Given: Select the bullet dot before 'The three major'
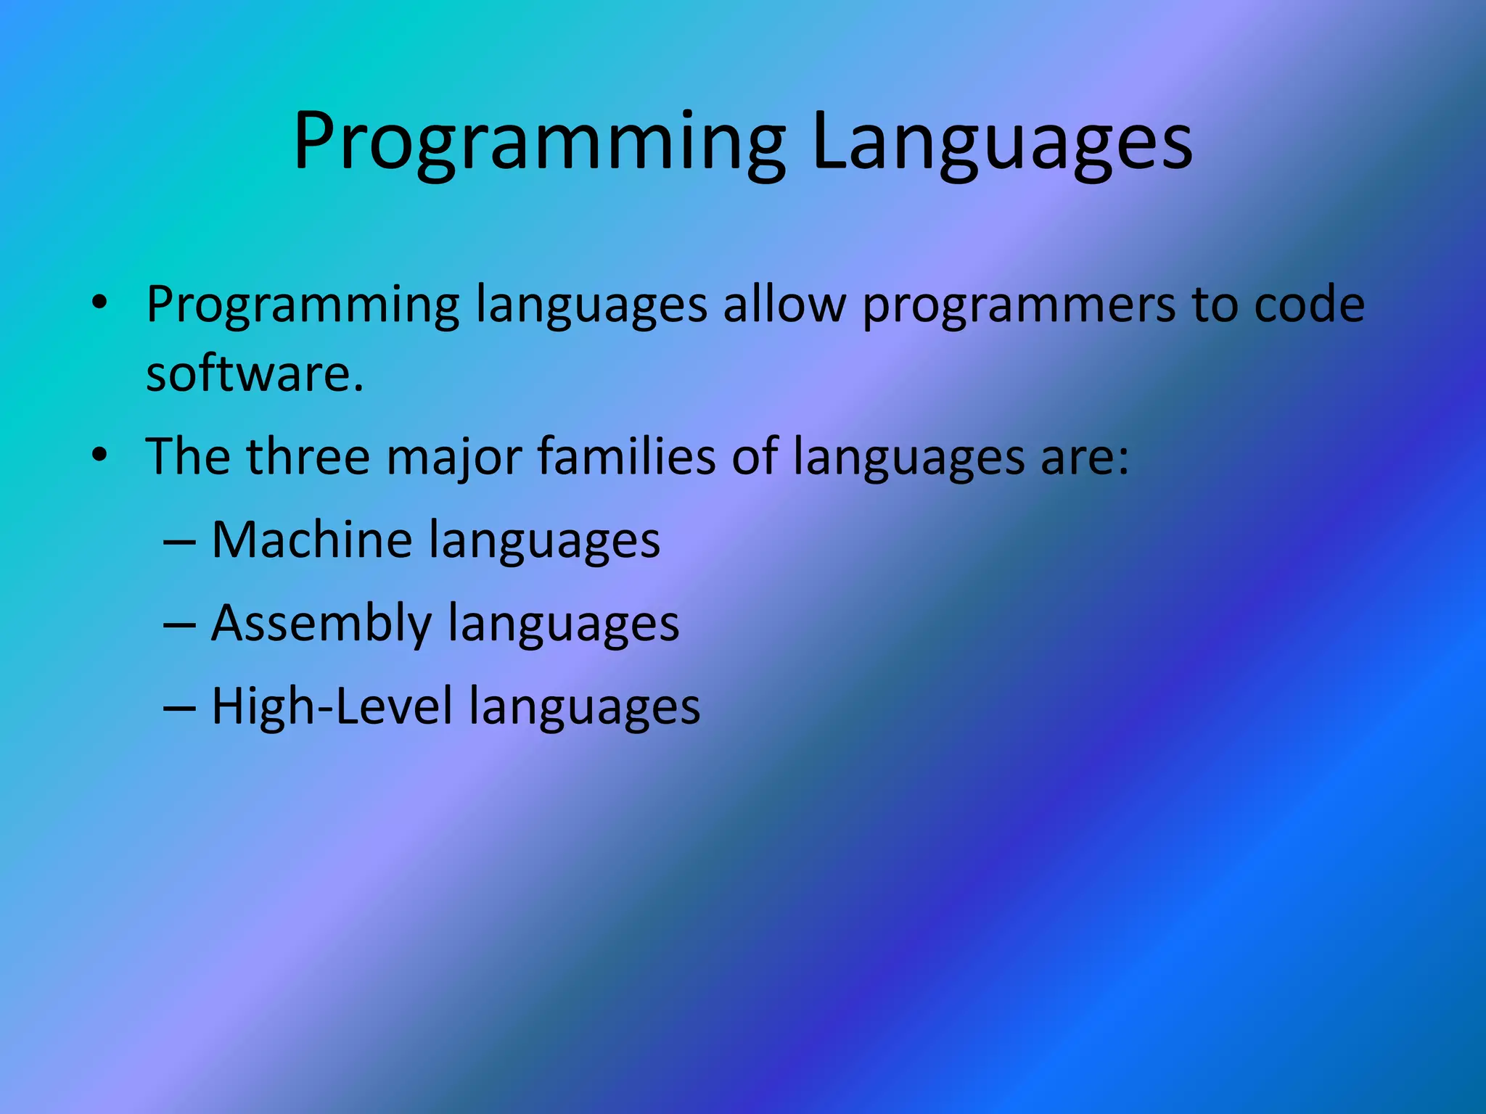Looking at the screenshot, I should (x=99, y=455).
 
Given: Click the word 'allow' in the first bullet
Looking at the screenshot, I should (x=784, y=305).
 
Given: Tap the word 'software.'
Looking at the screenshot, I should (x=254, y=374).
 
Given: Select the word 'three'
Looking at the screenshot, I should (x=308, y=457).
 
